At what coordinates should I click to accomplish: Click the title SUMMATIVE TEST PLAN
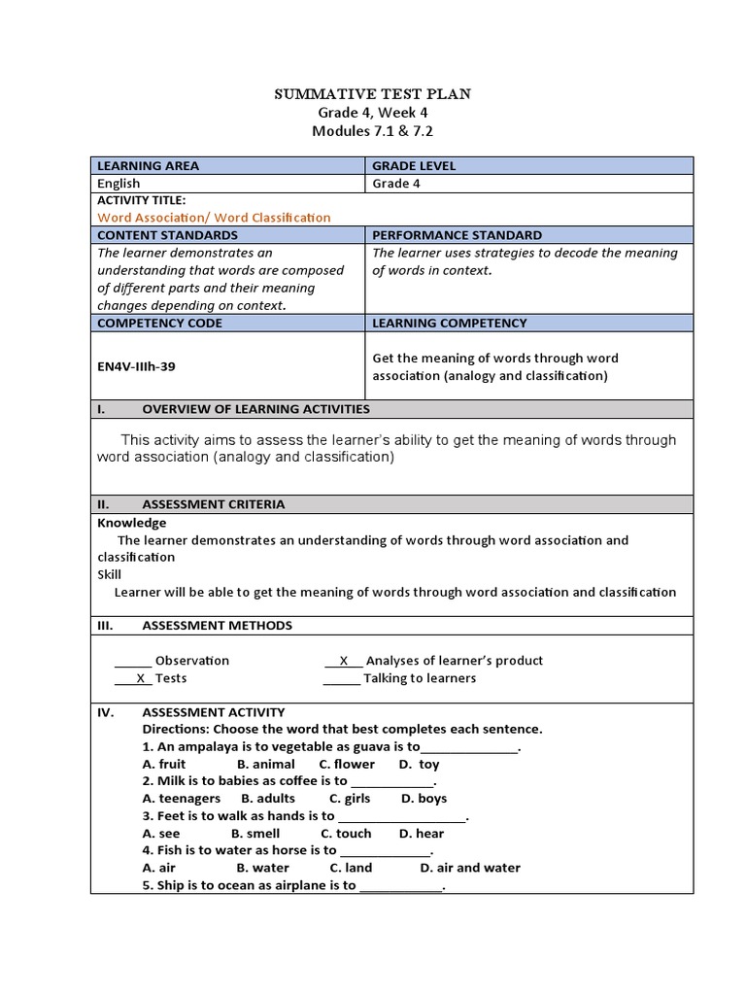coord(374,94)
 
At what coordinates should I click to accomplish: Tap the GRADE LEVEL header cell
coord(414,165)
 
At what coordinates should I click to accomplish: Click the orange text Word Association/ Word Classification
coord(214,218)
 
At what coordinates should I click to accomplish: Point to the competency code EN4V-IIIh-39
coord(136,366)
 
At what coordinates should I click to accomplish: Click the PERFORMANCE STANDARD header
coord(458,235)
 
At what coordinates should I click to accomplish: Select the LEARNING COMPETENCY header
coord(450,323)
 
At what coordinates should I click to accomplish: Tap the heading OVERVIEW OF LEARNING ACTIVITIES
coord(255,409)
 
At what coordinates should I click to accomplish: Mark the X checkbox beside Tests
coord(140,678)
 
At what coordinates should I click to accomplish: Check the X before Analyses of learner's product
coord(343,661)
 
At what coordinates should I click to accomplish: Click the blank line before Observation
coord(133,661)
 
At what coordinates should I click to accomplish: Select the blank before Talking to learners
coord(341,678)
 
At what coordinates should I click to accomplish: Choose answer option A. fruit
coord(164,765)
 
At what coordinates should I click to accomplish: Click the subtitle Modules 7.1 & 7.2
coord(374,130)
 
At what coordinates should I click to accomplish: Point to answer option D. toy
coord(419,765)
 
